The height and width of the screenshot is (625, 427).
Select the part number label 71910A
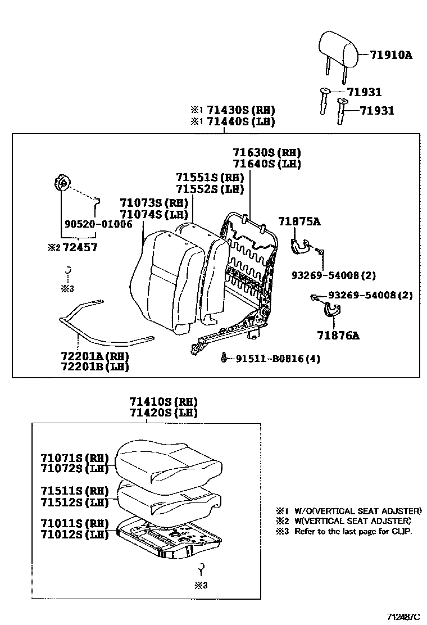(x=391, y=55)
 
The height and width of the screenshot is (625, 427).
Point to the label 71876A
(x=339, y=336)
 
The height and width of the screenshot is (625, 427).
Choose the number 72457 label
(x=80, y=247)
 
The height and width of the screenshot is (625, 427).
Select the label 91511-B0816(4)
(x=278, y=359)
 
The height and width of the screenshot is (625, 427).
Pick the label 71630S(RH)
(x=267, y=152)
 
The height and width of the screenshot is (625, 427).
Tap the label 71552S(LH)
(x=210, y=189)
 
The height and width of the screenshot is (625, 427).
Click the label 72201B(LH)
(x=94, y=367)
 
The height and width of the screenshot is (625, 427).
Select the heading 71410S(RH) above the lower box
(x=163, y=402)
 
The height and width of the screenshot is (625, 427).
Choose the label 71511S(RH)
(x=74, y=491)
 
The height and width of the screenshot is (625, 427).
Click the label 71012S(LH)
(x=74, y=534)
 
